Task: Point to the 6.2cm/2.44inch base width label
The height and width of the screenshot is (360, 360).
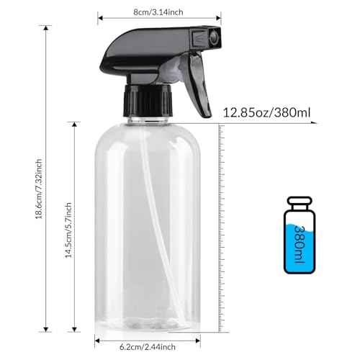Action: pos(147,346)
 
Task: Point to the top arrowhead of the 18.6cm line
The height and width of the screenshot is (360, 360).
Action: pos(48,28)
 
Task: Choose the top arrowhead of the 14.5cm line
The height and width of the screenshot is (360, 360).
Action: pos(76,123)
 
